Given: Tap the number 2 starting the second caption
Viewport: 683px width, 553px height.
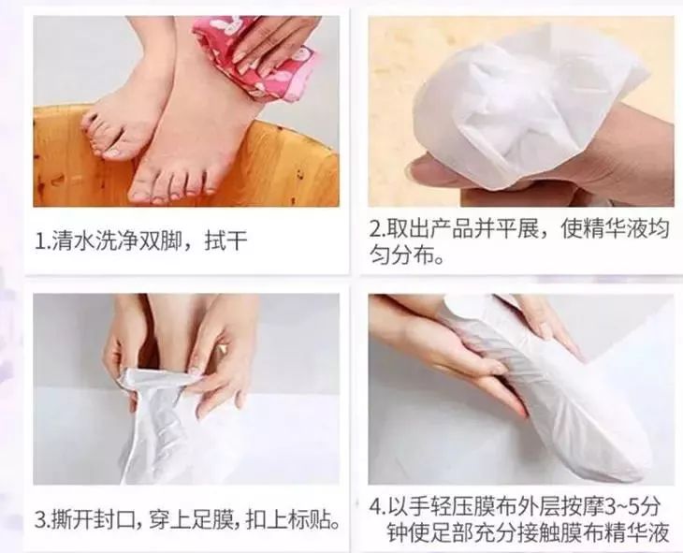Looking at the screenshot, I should (x=374, y=229).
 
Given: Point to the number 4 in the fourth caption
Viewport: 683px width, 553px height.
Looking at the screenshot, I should (x=376, y=507).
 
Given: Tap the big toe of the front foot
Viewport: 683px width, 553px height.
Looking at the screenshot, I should (x=139, y=189).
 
